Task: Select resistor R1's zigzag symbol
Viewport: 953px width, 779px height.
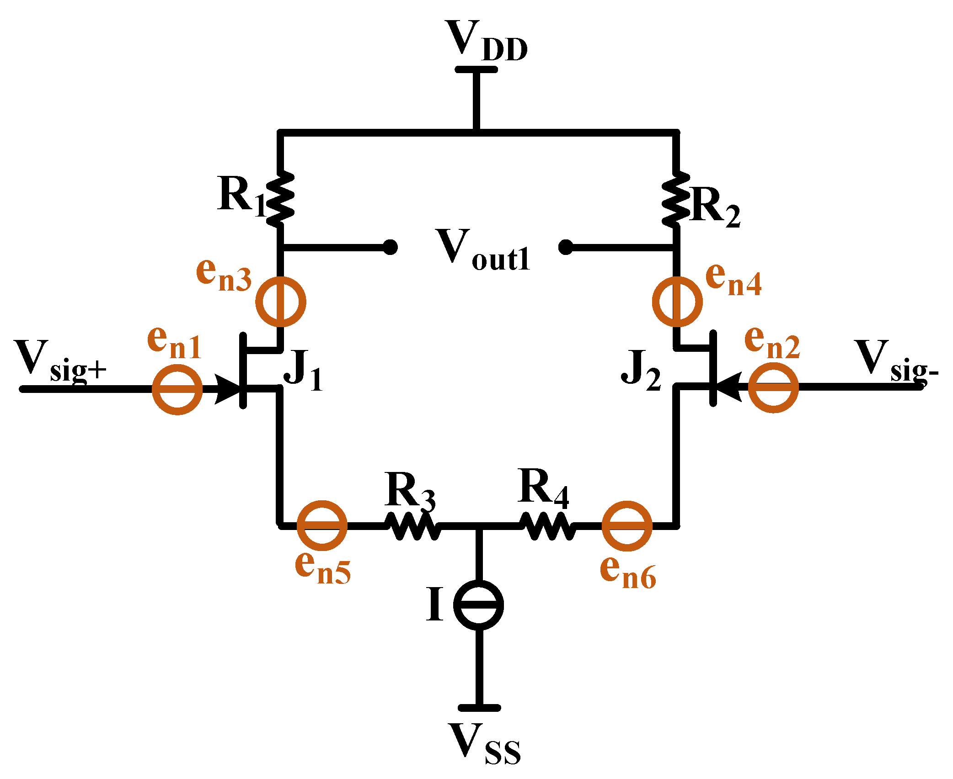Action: pyautogui.click(x=280, y=199)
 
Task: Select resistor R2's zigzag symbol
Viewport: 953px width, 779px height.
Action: pyautogui.click(x=676, y=199)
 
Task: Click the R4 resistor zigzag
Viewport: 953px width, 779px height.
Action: pyautogui.click(x=548, y=526)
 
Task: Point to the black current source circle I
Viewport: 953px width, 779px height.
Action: pyautogui.click(x=479, y=605)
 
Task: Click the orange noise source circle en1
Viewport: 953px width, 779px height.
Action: pyautogui.click(x=177, y=389)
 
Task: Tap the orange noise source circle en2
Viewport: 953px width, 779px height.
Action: pyautogui.click(x=773, y=387)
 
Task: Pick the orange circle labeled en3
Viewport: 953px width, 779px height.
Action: pyautogui.click(x=280, y=302)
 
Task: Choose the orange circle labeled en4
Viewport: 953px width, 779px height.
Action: pyautogui.click(x=677, y=302)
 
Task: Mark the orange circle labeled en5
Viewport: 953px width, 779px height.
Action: pyautogui.click(x=322, y=526)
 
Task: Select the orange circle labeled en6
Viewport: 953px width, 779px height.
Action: pyautogui.click(x=626, y=526)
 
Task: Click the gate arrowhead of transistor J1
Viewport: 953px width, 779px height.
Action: pyautogui.click(x=227, y=389)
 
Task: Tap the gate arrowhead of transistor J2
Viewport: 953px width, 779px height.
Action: pyautogui.click(x=728, y=387)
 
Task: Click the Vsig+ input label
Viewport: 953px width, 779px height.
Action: pyautogui.click(x=59, y=361)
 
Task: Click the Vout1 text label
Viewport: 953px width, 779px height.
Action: pyautogui.click(x=483, y=250)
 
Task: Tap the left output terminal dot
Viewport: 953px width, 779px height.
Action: pyautogui.click(x=390, y=247)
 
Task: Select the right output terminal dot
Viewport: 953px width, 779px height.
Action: pyautogui.click(x=566, y=247)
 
